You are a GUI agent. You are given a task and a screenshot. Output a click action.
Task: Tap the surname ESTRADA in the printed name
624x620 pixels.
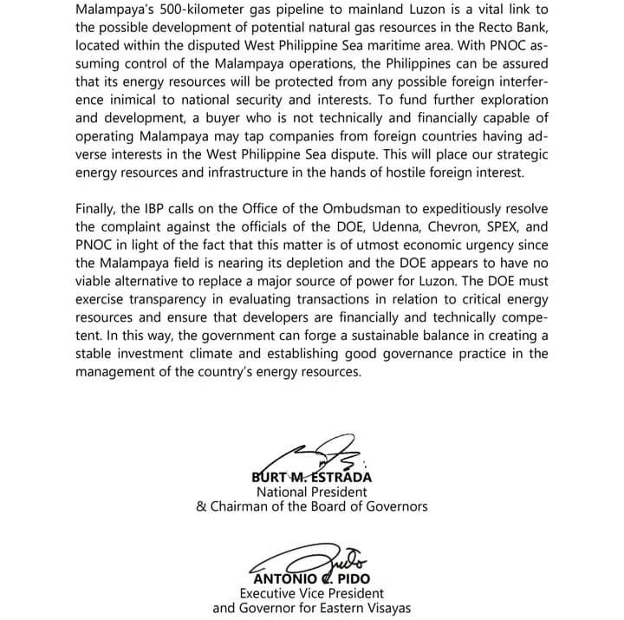click(341, 476)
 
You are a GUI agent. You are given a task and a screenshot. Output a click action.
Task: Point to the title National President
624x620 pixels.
click(311, 491)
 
